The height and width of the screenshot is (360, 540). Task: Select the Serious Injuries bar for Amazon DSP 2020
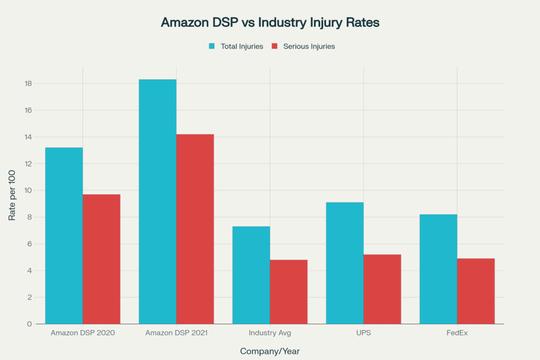pyautogui.click(x=101, y=259)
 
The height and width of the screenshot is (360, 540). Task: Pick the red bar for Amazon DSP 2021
pyautogui.click(x=195, y=229)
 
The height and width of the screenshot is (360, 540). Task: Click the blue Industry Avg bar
pyautogui.click(x=251, y=275)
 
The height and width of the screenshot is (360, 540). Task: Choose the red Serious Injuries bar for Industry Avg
pyautogui.click(x=288, y=291)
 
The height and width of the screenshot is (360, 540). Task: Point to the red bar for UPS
pyautogui.click(x=382, y=289)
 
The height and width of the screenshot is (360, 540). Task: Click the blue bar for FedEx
pyautogui.click(x=438, y=269)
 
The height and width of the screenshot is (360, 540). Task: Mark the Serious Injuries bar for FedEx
pyautogui.click(x=476, y=291)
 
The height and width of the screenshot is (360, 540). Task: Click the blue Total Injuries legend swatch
pyautogui.click(x=212, y=46)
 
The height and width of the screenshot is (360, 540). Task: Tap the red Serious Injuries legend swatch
pyautogui.click(x=274, y=46)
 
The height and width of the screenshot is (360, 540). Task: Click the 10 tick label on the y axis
pyautogui.click(x=28, y=190)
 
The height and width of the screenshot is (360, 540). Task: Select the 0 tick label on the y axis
pyautogui.click(x=30, y=324)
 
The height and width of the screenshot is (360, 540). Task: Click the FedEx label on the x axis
pyautogui.click(x=457, y=333)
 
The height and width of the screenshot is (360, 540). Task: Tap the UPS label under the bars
pyautogui.click(x=363, y=333)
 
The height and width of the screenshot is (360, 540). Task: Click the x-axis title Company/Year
pyautogui.click(x=269, y=351)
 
